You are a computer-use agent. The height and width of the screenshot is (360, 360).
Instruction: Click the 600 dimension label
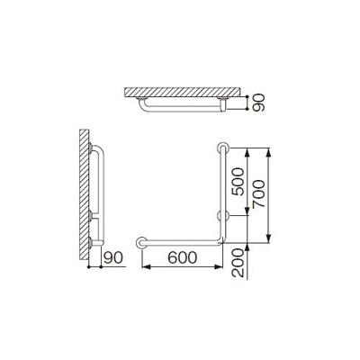click(182, 257)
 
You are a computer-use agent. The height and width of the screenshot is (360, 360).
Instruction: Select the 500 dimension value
click(239, 182)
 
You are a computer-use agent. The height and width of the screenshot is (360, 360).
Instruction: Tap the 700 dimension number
click(258, 193)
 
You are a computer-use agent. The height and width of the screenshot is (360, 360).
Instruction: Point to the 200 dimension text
click(238, 262)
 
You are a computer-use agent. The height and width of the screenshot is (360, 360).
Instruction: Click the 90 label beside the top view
click(258, 103)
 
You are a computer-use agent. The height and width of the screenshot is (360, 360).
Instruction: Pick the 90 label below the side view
click(113, 257)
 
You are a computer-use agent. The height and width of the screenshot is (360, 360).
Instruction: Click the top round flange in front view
click(223, 148)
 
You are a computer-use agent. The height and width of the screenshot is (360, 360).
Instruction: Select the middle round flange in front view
click(223, 215)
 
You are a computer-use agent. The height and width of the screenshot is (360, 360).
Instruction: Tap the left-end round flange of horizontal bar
click(141, 243)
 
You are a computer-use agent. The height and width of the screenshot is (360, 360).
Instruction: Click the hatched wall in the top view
click(183, 92)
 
